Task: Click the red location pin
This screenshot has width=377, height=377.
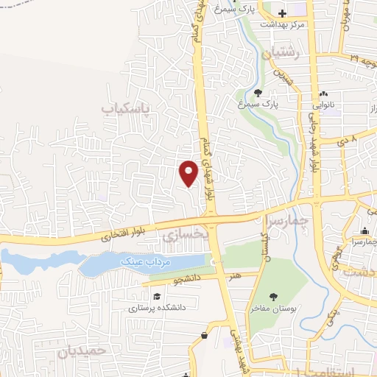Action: click(x=189, y=172)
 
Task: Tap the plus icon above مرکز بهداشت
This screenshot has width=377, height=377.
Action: click(x=282, y=13)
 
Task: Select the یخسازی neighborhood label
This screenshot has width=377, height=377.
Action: click(x=180, y=235)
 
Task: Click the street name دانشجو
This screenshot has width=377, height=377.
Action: click(x=186, y=279)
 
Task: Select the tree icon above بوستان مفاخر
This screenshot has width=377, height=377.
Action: click(x=273, y=296)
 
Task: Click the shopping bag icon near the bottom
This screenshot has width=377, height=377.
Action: click(x=204, y=335)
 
